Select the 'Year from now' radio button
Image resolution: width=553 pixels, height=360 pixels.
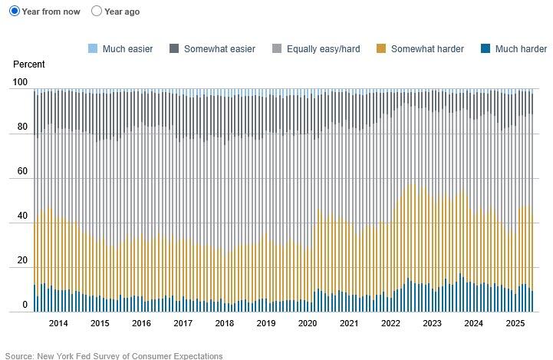pyautogui.click(x=15, y=12)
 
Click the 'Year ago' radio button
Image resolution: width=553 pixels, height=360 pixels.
pyautogui.click(x=97, y=12)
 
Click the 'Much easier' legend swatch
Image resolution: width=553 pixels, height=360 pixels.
pyautogui.click(x=93, y=49)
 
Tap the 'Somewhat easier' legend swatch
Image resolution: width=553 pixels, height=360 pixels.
pyautogui.click(x=174, y=49)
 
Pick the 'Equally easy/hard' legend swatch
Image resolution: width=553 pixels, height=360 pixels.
pyautogui.click(x=277, y=49)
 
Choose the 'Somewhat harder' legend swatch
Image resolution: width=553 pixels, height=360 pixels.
pyautogui.click(x=381, y=49)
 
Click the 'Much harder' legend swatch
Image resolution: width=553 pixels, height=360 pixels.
pyautogui.click(x=485, y=49)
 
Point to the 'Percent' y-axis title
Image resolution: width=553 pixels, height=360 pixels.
pyautogui.click(x=29, y=64)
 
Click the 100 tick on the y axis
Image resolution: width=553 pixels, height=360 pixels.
pyautogui.click(x=20, y=82)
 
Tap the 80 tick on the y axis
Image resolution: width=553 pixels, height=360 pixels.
pyautogui.click(x=22, y=127)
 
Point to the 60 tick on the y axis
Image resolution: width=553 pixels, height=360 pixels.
pyautogui.click(x=22, y=172)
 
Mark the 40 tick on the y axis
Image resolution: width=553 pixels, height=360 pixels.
pyautogui.click(x=22, y=216)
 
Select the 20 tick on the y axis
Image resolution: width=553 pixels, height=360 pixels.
pyautogui.click(x=22, y=261)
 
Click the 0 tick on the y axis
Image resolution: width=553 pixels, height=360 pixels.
pyautogui.click(x=25, y=306)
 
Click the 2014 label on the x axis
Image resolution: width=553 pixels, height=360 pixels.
pyautogui.click(x=58, y=323)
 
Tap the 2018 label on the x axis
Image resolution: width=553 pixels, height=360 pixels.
pyautogui.click(x=225, y=323)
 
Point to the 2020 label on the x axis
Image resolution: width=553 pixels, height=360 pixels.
pyautogui.click(x=308, y=323)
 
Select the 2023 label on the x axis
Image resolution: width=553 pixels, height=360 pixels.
pyautogui.click(x=432, y=323)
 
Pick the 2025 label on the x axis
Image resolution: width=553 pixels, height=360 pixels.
pyautogui.click(x=515, y=323)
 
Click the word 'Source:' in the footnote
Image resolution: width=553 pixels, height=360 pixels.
pyautogui.click(x=20, y=355)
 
